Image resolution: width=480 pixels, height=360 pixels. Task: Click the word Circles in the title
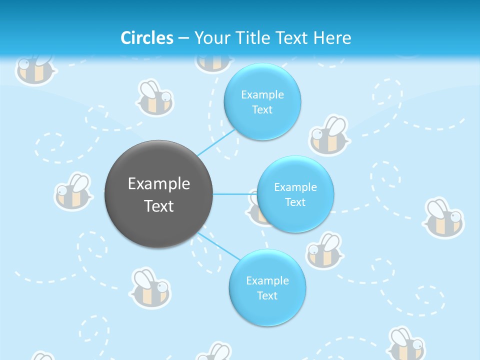(x=146, y=38)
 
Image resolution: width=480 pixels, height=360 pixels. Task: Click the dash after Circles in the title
(x=183, y=38)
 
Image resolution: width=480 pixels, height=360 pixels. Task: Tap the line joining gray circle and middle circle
(x=235, y=194)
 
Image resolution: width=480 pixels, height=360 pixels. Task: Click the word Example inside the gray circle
(x=159, y=184)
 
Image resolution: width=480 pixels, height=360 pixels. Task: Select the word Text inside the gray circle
(x=159, y=206)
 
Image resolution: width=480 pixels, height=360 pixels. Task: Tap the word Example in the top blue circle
(x=262, y=95)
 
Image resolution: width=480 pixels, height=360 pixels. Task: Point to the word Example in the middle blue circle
(x=295, y=187)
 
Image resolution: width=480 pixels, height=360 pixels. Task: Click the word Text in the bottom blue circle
(x=267, y=295)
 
